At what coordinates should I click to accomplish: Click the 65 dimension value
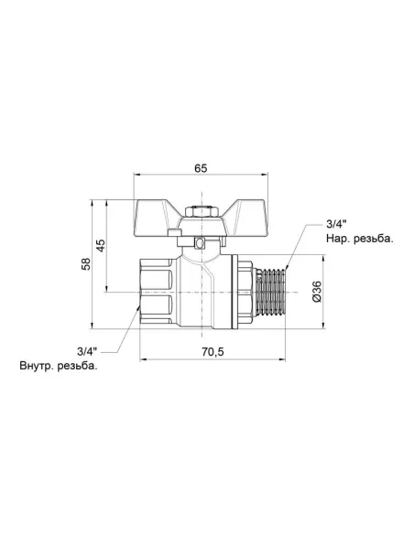201,168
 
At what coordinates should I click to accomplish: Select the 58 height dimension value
87,264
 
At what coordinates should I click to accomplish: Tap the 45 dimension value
101,245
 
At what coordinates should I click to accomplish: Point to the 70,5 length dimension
212,351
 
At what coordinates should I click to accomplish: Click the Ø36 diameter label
317,292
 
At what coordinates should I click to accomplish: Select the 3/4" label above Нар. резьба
336,224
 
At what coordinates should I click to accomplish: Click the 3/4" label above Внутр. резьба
87,351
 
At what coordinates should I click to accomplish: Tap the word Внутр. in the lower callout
36,367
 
